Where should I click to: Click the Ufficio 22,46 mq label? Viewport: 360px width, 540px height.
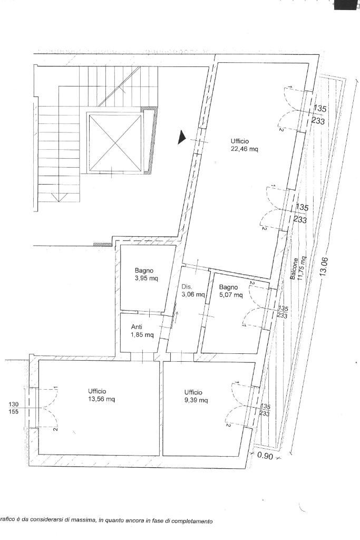[x=245, y=145]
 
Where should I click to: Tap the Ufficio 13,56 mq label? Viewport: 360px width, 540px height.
[x=102, y=395]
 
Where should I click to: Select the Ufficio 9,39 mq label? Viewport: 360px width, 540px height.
[x=196, y=396]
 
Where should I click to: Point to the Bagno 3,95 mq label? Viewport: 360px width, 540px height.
[x=147, y=274]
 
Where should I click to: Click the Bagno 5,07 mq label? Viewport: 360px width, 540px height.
[x=231, y=291]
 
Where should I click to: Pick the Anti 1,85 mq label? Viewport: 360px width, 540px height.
[x=142, y=331]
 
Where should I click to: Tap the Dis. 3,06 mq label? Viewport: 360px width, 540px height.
[x=193, y=291]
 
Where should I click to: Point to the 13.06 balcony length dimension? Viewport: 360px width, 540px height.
[x=324, y=267]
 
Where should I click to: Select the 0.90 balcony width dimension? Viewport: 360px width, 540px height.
[x=265, y=456]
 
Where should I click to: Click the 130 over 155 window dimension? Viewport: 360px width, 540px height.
[x=14, y=408]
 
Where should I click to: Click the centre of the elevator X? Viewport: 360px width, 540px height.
[x=115, y=142]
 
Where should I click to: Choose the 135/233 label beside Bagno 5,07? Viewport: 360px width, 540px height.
[x=283, y=312]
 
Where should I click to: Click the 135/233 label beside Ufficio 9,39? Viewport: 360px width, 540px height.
[x=265, y=410]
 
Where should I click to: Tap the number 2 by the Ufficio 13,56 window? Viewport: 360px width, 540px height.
[x=55, y=429]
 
